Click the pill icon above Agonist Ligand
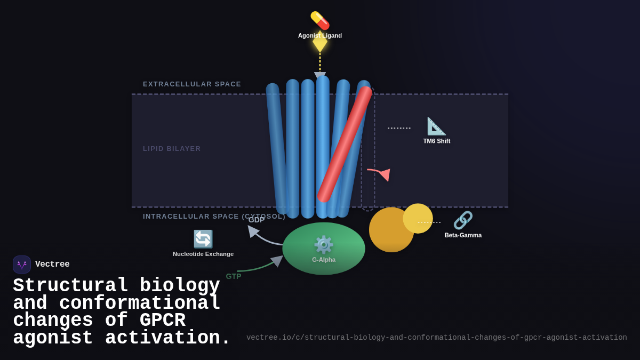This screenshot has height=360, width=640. point(320,20)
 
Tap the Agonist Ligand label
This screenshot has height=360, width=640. point(320,36)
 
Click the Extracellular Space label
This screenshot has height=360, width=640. point(192,84)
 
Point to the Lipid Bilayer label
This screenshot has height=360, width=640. point(172,149)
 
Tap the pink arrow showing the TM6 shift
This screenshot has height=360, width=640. point(380,173)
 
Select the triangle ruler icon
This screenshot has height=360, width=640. point(436,126)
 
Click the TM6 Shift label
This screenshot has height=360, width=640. point(437,141)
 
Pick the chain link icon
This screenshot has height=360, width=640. point(463,220)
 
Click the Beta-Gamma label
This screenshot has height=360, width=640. point(463,235)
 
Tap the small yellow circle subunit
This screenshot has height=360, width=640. point(418,218)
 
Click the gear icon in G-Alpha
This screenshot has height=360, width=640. point(324,245)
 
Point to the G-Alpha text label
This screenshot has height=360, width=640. point(324,260)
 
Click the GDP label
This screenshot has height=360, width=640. point(257,220)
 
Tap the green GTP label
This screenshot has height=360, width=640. point(234,276)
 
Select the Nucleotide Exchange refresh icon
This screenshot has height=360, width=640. point(203,239)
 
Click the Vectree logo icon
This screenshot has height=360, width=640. point(22,265)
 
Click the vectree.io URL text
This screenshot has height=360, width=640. point(436,338)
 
